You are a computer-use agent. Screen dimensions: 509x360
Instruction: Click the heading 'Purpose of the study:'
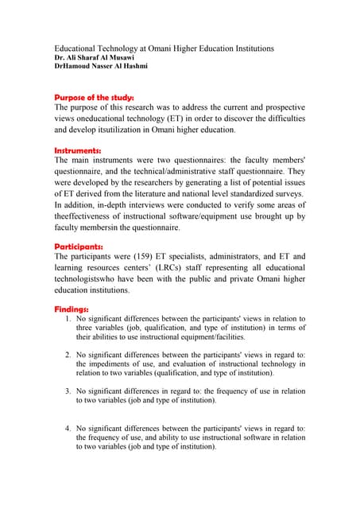click(x=94, y=97)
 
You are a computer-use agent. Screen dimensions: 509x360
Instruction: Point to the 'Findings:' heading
click(x=72, y=308)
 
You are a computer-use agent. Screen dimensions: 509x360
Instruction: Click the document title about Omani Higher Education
click(x=164, y=49)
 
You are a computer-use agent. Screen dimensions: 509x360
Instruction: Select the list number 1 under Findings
click(x=68, y=319)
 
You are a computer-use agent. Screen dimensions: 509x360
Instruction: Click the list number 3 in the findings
click(x=68, y=391)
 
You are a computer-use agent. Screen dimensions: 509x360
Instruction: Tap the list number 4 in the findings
click(x=68, y=428)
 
